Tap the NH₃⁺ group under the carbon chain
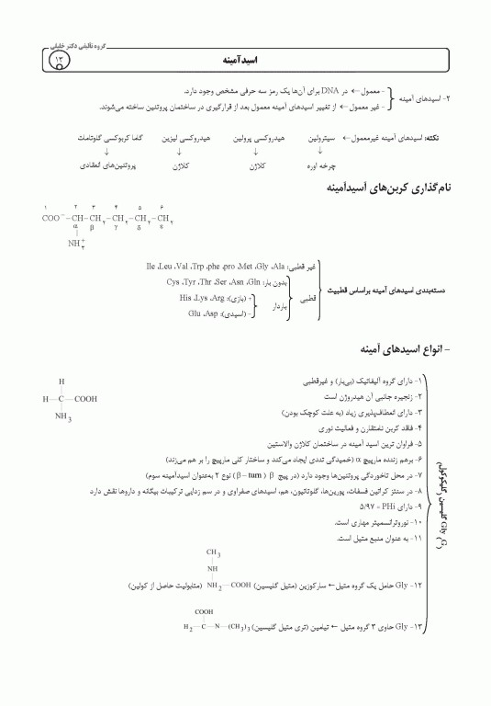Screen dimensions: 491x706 pos(76,245)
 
